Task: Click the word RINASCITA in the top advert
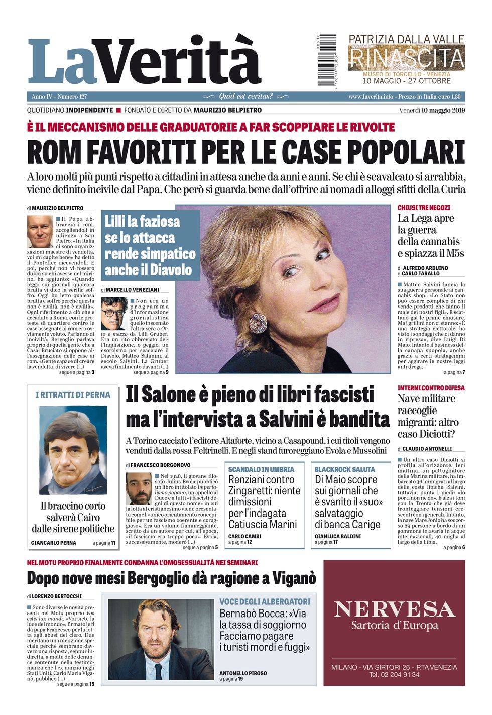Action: [406, 58]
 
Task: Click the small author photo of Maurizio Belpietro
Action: [40, 231]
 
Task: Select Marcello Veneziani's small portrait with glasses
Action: [113, 314]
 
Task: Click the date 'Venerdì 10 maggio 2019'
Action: [432, 111]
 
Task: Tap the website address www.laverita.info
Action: [371, 97]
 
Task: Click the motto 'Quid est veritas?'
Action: [246, 96]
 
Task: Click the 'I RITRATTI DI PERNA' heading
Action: [73, 395]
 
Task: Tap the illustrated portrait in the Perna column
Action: [73, 451]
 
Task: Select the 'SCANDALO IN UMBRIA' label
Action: [261, 469]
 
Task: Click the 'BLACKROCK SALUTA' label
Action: [344, 469]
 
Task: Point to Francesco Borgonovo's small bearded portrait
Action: [139, 489]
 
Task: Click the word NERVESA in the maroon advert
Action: [394, 609]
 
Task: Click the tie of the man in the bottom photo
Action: [159, 670]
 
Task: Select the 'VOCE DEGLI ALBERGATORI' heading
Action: [265, 601]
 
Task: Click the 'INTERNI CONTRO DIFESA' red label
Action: [431, 388]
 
